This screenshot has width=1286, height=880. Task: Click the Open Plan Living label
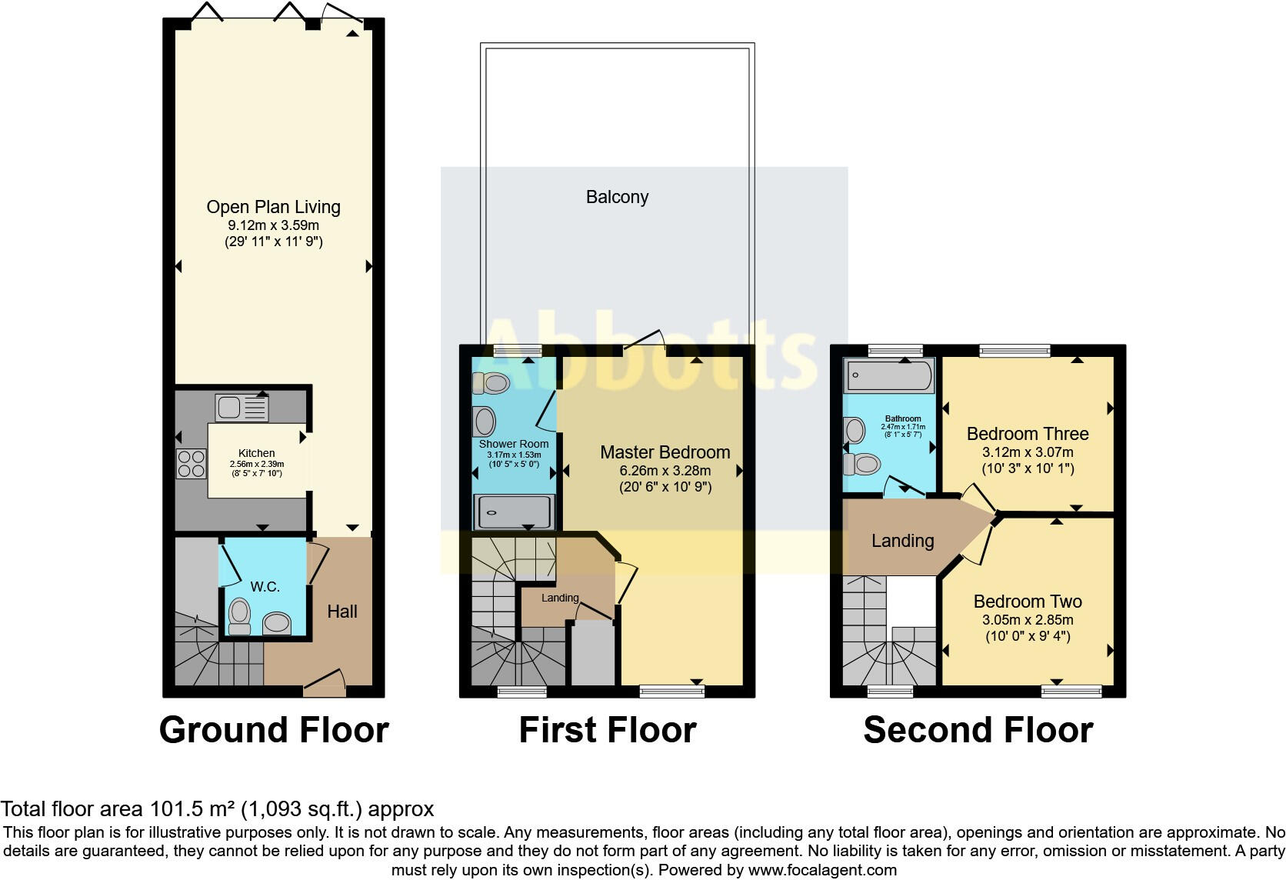pos(273,207)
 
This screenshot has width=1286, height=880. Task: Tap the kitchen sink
pos(242,408)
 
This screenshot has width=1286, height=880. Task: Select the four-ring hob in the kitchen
pos(192,463)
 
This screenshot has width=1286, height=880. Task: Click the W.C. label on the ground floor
pos(265,587)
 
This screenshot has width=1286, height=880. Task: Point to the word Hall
pos(342,612)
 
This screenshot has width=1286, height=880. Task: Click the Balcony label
pos(617,197)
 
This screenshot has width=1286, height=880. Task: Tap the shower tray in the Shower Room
pos(513,513)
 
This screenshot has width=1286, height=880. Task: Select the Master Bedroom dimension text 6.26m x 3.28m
pos(665,471)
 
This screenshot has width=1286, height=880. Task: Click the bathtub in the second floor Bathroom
pos(889,376)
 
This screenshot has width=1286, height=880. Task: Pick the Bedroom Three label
pos(1028,434)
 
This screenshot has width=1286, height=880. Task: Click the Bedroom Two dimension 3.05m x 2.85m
pos(1028,620)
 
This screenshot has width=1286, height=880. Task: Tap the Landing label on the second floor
pos(902,541)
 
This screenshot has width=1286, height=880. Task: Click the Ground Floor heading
pos(274,730)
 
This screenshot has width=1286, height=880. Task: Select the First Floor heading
pos(608,730)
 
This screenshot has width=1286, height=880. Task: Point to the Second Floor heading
pos(978,730)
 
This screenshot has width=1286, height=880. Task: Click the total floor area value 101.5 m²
pos(191,809)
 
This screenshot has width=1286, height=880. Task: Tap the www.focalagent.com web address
pos(822,870)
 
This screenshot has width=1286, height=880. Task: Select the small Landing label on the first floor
pos(560,598)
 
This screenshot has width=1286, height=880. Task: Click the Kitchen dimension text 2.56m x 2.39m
pos(257,464)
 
